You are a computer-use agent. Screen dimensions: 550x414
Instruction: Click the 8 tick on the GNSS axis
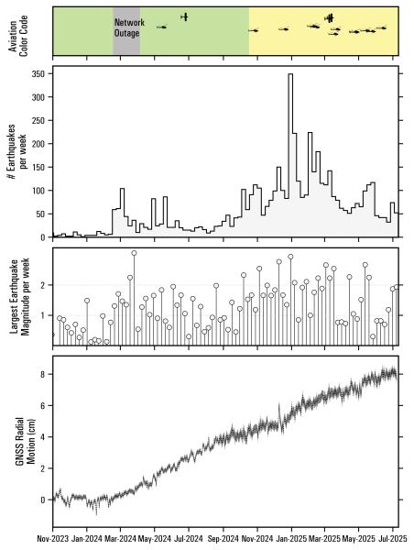(44, 374)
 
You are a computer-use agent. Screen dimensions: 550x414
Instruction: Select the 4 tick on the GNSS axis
(44, 437)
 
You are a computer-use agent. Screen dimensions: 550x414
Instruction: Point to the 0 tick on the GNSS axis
(44, 500)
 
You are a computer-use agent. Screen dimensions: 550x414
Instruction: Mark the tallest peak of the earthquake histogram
(290, 75)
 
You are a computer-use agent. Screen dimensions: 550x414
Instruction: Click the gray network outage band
(126, 41)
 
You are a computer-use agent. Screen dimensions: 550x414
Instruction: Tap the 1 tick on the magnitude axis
(46, 315)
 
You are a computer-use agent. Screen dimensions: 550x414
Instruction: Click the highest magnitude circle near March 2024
(134, 253)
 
